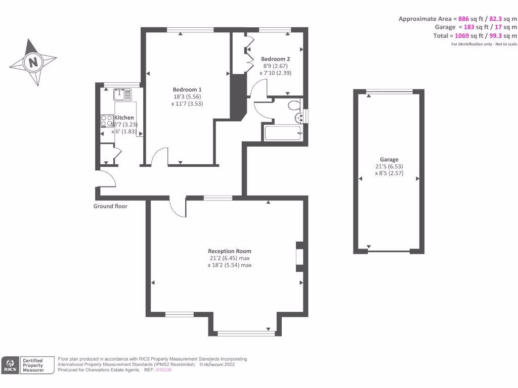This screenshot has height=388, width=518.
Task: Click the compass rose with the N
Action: click(x=33, y=62)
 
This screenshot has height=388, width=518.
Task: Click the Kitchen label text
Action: click(x=124, y=118)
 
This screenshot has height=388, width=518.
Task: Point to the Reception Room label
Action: click(x=229, y=251)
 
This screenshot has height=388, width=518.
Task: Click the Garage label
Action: click(x=389, y=159)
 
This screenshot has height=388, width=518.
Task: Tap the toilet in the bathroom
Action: click(x=292, y=106)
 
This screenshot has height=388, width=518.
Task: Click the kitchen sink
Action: click(x=122, y=93)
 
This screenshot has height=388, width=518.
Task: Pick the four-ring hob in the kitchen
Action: click(x=107, y=120)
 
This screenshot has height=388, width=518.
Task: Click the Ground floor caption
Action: click(x=110, y=206)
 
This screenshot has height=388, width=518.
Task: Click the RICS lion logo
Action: click(x=10, y=365)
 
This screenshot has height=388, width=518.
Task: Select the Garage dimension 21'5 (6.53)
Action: click(x=389, y=166)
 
